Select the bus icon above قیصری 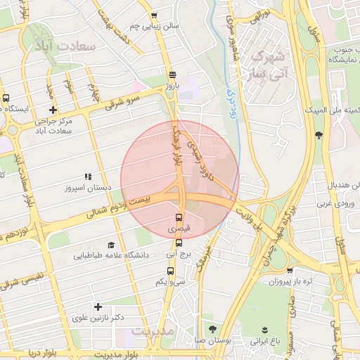click(x=178, y=217)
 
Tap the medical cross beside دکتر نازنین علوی click(x=98, y=307)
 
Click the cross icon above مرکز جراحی click(x=53, y=109)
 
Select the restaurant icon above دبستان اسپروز click(x=87, y=177)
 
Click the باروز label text click(x=173, y=85)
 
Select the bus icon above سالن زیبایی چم click(x=154, y=15)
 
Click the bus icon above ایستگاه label click(x=6, y=98)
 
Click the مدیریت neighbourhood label click(x=153, y=330)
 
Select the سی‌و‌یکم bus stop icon click(x=160, y=271)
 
